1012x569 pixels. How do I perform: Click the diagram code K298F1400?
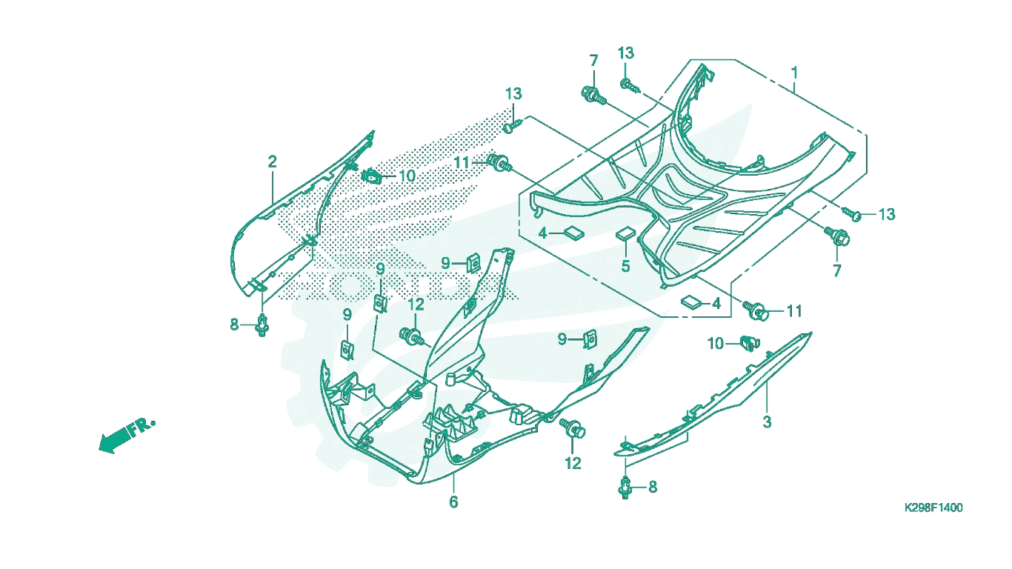[933, 508]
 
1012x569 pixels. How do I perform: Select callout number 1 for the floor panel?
[793, 73]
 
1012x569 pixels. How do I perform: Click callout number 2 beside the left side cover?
[272, 162]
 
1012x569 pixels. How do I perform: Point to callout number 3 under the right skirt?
[767, 422]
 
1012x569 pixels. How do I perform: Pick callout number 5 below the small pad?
[625, 266]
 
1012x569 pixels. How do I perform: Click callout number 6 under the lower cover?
[453, 502]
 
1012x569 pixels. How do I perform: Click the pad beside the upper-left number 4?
[574, 233]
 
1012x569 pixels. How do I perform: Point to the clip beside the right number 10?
[750, 344]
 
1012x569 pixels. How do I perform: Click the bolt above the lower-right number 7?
[837, 236]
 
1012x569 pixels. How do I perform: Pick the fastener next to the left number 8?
[262, 325]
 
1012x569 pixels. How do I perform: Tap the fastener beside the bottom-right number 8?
[625, 488]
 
